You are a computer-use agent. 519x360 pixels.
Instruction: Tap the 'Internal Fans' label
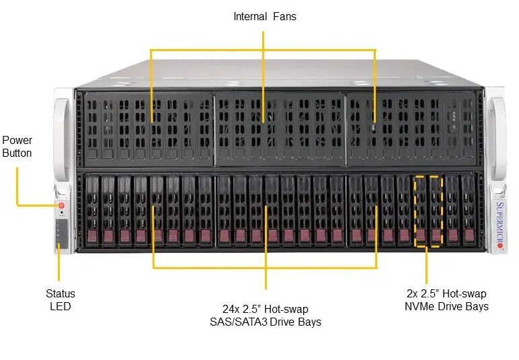pyautogui.click(x=264, y=16)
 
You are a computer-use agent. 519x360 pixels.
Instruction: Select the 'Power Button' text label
pyautogui.click(x=17, y=147)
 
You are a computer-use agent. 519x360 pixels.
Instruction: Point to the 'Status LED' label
pyautogui.click(x=61, y=300)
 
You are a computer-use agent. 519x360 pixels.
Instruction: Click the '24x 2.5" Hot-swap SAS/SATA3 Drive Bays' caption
pyautogui.click(x=265, y=315)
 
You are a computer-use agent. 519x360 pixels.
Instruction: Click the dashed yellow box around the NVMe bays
pyautogui.click(x=428, y=211)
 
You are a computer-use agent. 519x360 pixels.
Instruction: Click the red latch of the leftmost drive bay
pyautogui.click(x=92, y=235)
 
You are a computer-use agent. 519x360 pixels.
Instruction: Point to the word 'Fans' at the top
pyautogui.click(x=284, y=16)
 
